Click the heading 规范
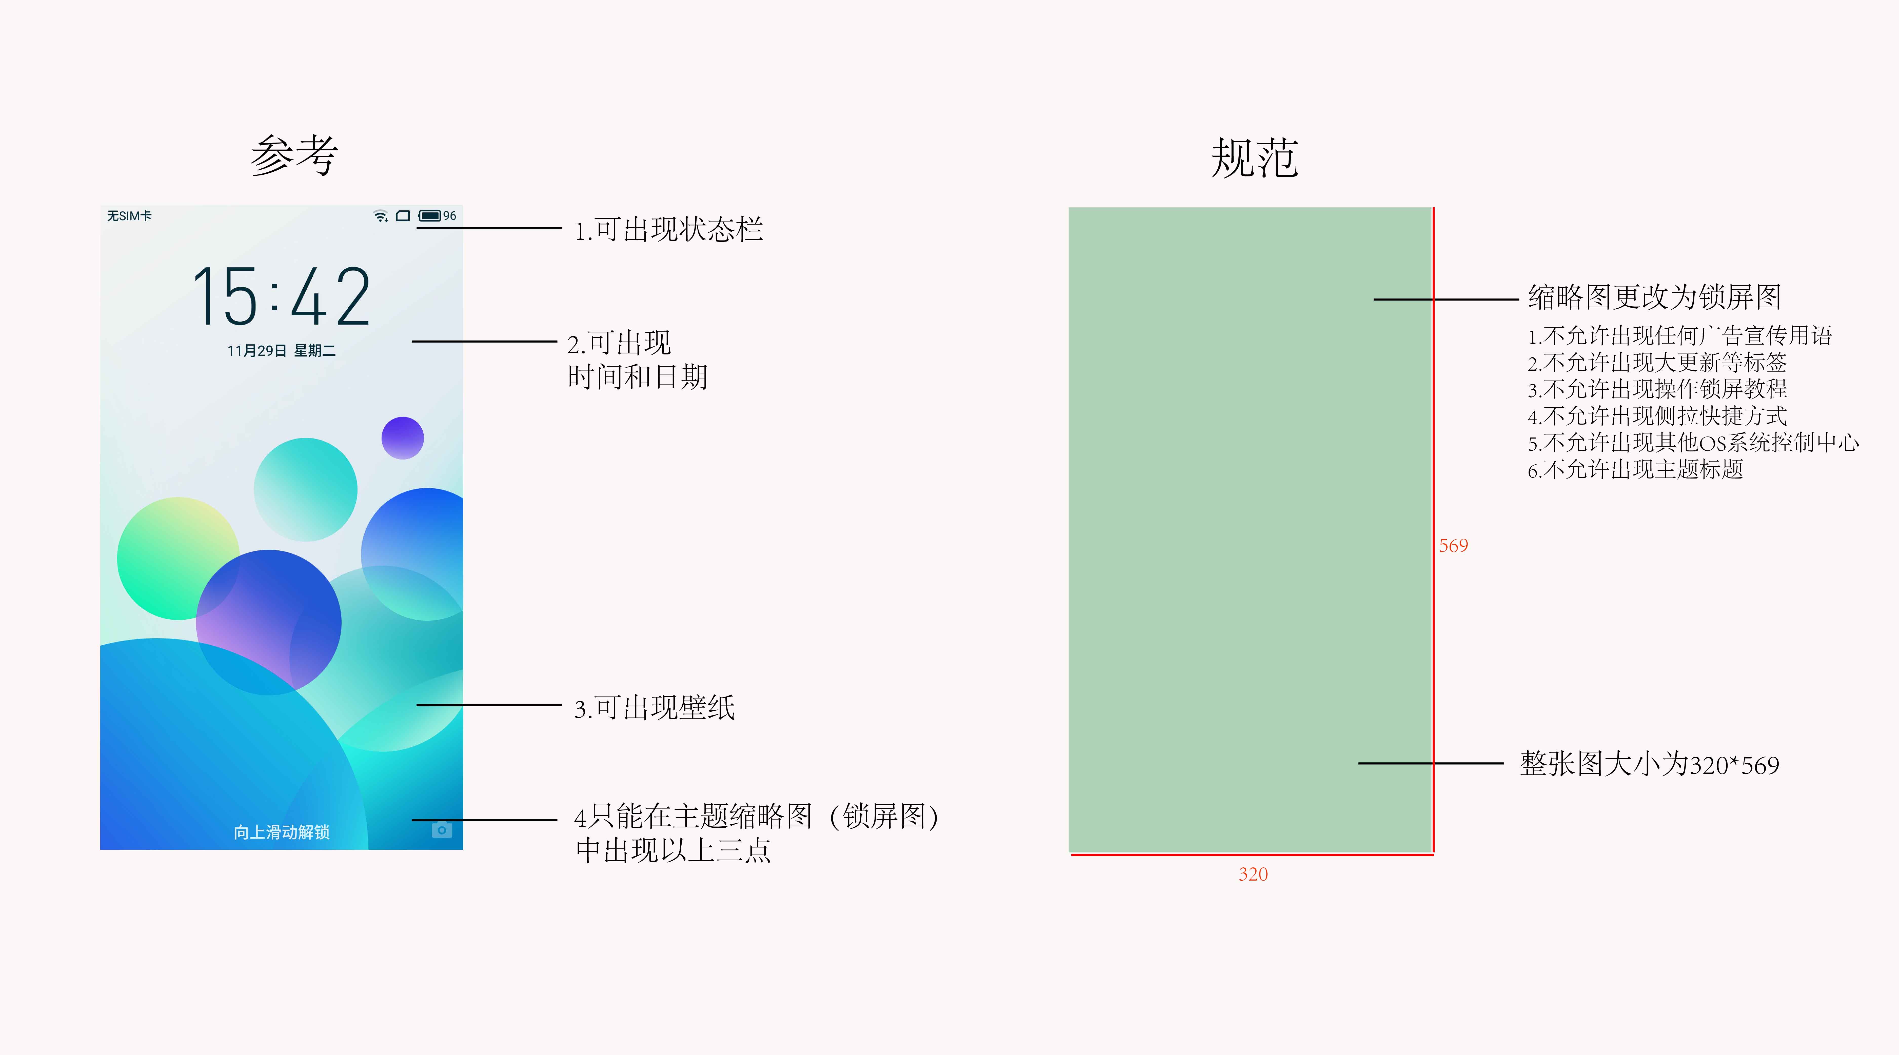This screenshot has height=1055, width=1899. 1255,158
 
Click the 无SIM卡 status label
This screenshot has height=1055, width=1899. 129,216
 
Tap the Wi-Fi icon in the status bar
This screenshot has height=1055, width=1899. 380,216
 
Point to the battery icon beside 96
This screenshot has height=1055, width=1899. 430,216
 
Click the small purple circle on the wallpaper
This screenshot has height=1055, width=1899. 403,438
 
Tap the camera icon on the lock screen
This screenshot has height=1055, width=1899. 442,830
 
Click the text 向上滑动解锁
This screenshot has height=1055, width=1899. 282,832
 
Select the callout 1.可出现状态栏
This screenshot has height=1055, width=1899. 669,229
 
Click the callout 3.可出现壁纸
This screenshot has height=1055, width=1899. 655,708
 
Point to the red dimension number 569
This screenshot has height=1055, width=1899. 1453,546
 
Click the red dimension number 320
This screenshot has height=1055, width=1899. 1253,874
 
